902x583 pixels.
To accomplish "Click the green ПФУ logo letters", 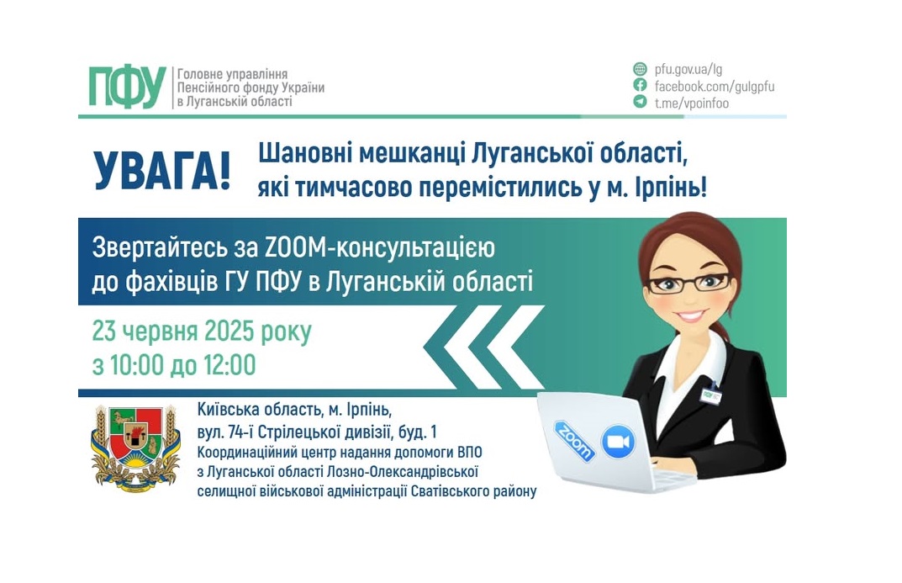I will [126, 87].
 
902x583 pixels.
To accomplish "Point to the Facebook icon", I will [640, 86].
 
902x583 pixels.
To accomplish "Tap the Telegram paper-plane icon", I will [640, 103].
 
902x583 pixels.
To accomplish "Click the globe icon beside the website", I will [640, 69].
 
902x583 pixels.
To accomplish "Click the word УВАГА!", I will [161, 172].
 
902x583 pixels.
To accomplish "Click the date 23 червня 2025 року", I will [202, 332].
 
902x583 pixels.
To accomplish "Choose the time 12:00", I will [226, 365].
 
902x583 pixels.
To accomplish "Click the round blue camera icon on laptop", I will [619, 441].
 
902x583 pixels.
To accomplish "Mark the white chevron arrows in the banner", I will [483, 347].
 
